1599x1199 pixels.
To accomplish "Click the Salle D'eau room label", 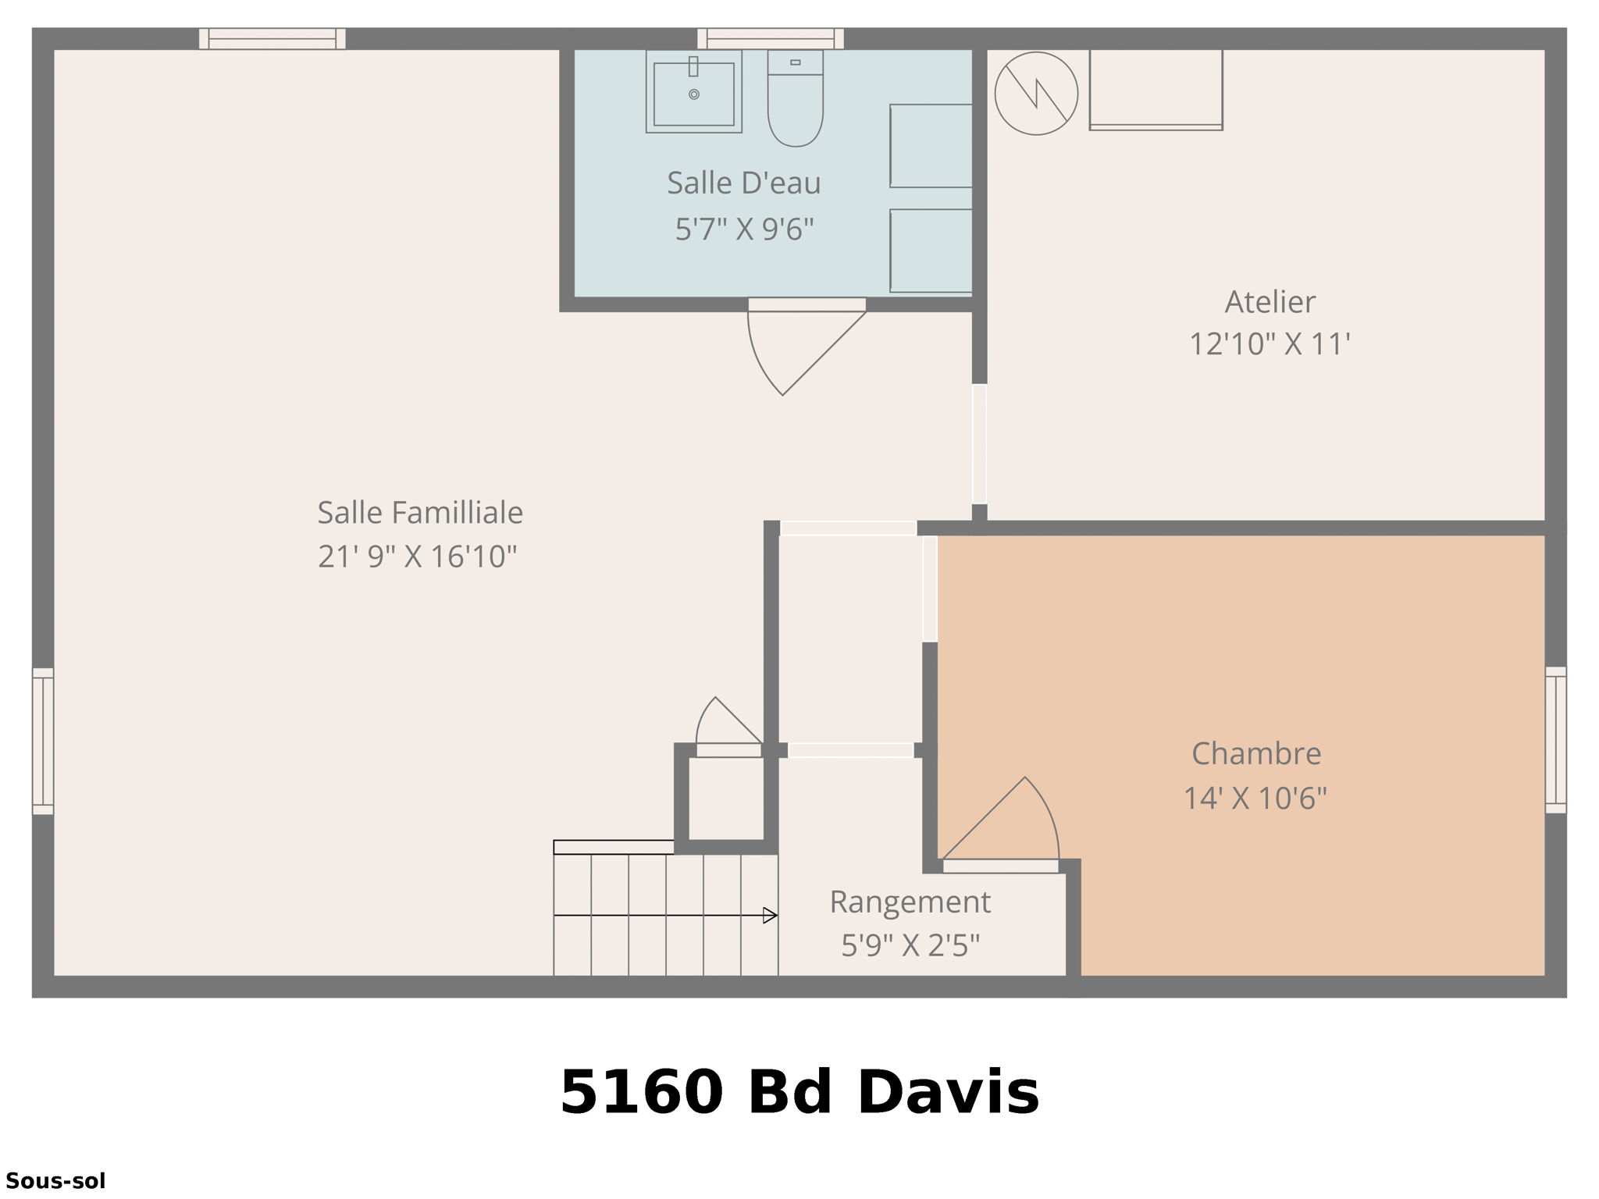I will point(743,183).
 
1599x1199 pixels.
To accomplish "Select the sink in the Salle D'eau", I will point(693,93).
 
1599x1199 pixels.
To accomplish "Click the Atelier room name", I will point(1270,302).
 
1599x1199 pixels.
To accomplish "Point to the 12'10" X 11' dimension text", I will point(1270,344).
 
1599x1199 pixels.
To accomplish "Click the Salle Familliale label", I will point(420,513).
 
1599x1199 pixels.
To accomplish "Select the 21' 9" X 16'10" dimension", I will point(417,557).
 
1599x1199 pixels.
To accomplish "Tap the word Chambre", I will point(1255,754).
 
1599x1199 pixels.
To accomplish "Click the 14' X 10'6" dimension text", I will point(1255,799).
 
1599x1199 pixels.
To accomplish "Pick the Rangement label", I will point(910,902).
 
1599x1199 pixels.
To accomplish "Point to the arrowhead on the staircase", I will point(770,916).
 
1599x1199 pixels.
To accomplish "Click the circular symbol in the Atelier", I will point(1036,94).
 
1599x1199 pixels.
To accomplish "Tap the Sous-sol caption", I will point(55,1181).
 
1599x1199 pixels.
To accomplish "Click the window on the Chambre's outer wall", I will point(1555,740).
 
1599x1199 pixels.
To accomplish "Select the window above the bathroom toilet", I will point(770,38).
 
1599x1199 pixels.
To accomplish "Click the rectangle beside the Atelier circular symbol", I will point(1156,89).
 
